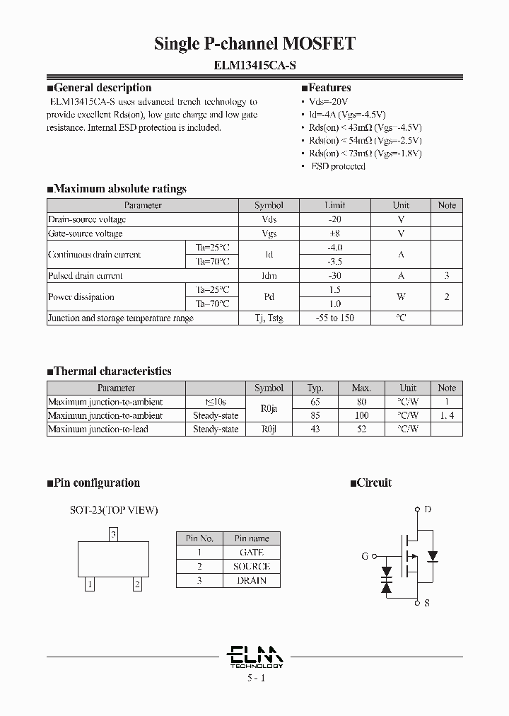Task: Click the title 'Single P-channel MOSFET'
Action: pyautogui.click(x=255, y=45)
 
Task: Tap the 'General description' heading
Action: pyautogui.click(x=103, y=88)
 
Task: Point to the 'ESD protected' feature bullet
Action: pyautogui.click(x=337, y=166)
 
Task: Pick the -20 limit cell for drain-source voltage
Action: pyautogui.click(x=334, y=219)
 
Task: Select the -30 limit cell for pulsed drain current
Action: pyautogui.click(x=334, y=276)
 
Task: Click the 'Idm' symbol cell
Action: pyautogui.click(x=269, y=276)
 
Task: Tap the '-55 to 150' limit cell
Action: pyautogui.click(x=334, y=318)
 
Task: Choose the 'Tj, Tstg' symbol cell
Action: pyautogui.click(x=269, y=318)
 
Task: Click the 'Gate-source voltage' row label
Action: pyautogui.click(x=85, y=233)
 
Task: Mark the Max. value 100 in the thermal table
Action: pyautogui.click(x=361, y=415)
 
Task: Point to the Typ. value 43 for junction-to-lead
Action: pyautogui.click(x=315, y=429)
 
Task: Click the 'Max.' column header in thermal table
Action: pyautogui.click(x=361, y=388)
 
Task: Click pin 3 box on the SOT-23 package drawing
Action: pyautogui.click(x=113, y=534)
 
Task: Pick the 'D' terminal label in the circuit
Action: pyautogui.click(x=426, y=509)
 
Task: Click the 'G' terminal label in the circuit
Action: pyautogui.click(x=365, y=556)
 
